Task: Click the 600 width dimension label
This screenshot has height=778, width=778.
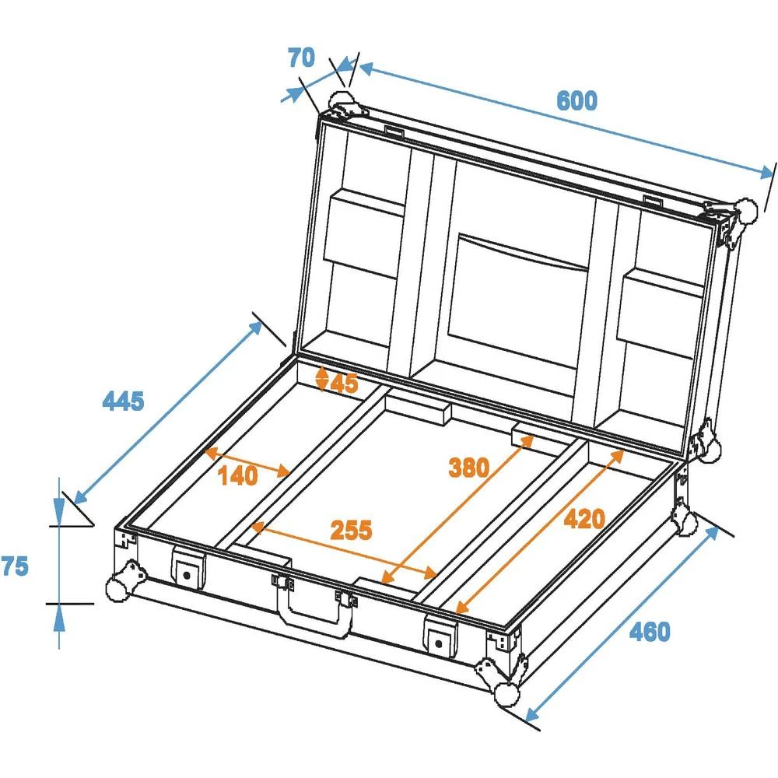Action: point(576,101)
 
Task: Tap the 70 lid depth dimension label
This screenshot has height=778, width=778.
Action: point(301,58)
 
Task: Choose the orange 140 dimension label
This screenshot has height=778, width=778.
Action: point(237,476)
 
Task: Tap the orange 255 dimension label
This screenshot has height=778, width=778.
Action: point(351,530)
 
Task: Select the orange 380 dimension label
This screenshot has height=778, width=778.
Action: point(469,468)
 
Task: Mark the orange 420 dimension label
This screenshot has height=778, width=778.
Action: point(583,518)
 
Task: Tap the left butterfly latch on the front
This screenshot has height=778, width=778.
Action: point(187,570)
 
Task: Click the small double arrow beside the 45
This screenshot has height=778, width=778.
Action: point(322,379)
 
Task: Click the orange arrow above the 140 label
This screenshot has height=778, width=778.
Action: point(247,461)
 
